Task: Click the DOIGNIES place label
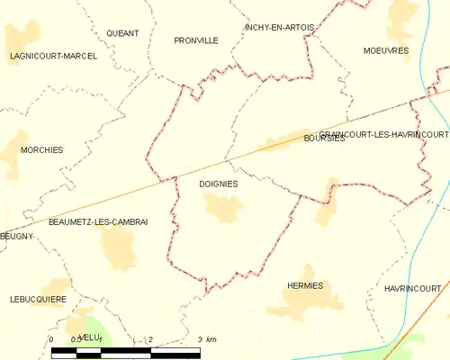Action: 218,184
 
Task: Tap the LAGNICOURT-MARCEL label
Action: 53,56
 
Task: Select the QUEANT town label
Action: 122,33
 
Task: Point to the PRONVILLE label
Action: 196,40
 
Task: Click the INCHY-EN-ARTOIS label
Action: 279,28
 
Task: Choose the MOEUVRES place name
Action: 386,50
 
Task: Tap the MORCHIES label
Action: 41,150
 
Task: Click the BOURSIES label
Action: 324,139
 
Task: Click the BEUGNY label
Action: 16,236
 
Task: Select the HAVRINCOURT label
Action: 412,288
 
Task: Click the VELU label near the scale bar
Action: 88,337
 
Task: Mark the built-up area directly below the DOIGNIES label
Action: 223,209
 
